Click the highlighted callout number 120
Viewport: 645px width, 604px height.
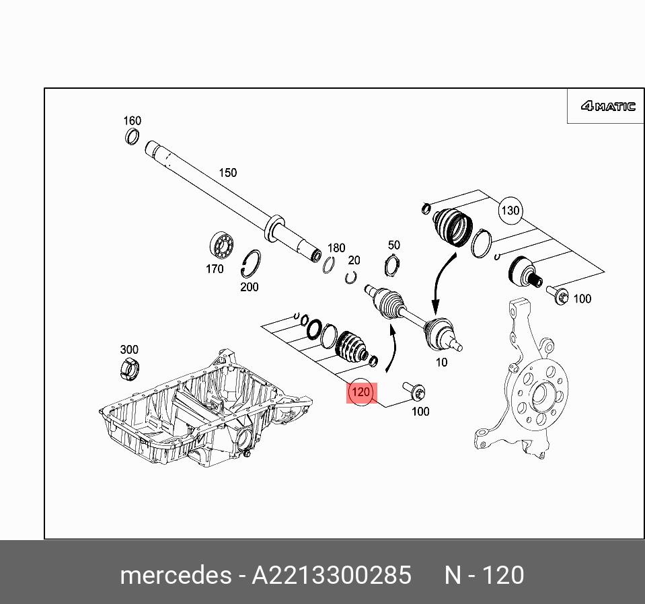[361, 392]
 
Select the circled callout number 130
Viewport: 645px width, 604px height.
[510, 211]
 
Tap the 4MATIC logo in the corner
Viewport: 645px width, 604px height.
[608, 106]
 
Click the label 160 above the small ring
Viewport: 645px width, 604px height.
[132, 121]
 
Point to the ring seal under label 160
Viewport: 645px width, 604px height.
[132, 137]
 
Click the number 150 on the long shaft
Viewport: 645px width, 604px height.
[227, 173]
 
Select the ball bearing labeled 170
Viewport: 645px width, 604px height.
[220, 246]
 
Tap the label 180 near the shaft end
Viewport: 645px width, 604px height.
[336, 248]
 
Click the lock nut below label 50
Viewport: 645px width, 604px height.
[393, 266]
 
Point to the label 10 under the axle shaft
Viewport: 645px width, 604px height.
[441, 363]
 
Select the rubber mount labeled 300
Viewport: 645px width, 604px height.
[129, 368]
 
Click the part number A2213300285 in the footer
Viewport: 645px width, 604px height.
[331, 576]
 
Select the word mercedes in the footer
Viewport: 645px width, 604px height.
[174, 576]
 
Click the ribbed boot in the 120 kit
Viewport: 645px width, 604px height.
[351, 348]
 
